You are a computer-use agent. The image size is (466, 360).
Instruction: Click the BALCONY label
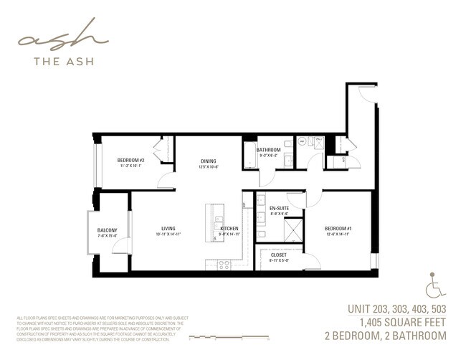[x=107, y=230]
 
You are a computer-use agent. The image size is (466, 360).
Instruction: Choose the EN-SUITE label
[x=278, y=209]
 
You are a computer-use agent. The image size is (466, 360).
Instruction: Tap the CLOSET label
[x=279, y=255]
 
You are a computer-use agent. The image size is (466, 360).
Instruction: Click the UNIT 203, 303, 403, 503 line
[x=396, y=309]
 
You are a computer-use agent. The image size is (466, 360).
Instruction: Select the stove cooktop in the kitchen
[x=224, y=264]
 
